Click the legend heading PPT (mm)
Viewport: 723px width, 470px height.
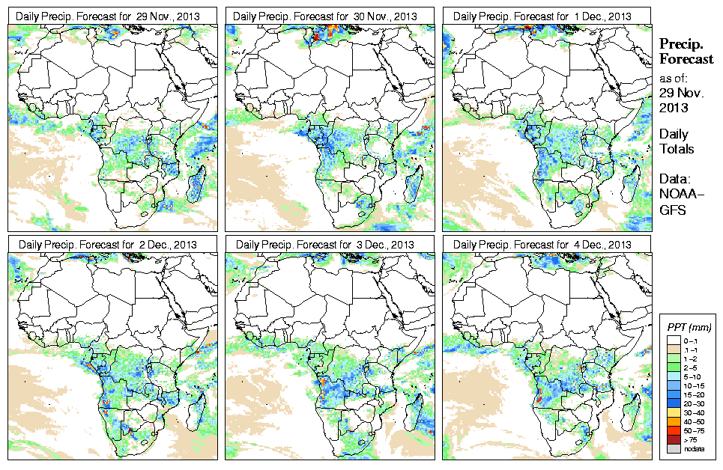(689, 327)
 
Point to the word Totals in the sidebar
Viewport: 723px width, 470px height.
(677, 149)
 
